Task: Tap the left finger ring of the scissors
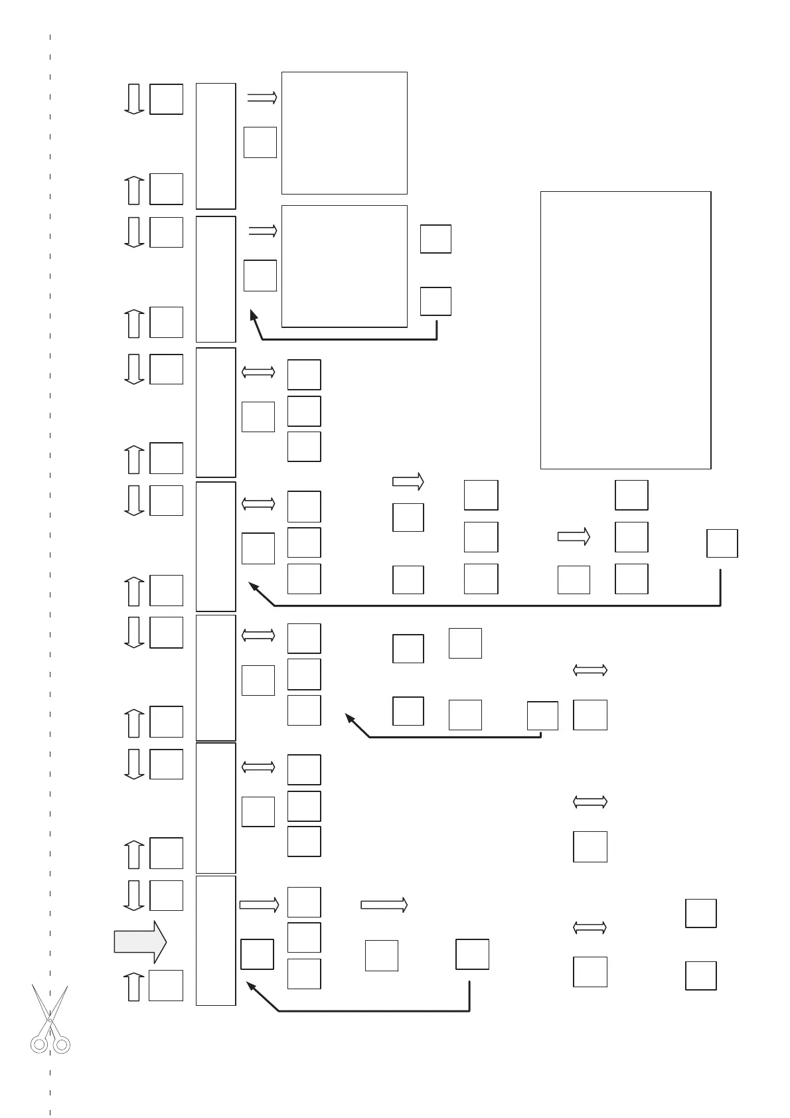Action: point(39,1045)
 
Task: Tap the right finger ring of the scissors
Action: point(62,1045)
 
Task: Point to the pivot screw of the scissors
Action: point(50,1020)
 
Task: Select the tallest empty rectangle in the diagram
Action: point(625,330)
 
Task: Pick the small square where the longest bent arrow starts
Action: point(722,543)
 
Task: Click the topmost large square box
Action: point(344,133)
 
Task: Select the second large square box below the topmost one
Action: point(344,266)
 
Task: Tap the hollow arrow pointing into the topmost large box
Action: point(262,98)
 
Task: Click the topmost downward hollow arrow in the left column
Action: point(134,99)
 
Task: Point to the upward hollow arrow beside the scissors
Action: point(134,986)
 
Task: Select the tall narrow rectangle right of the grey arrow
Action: point(216,941)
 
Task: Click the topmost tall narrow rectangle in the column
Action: point(216,146)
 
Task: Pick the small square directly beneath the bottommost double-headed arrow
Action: point(590,972)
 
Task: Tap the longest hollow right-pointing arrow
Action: point(384,904)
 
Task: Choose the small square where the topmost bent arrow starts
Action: point(435,301)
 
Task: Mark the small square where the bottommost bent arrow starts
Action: point(472,954)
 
